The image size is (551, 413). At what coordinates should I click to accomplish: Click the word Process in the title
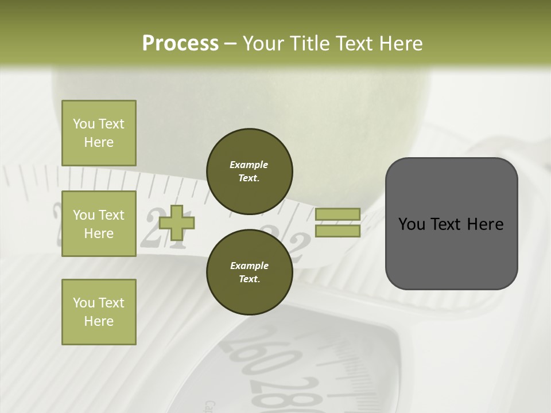point(180,44)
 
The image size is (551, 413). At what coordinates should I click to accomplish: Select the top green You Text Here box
point(99,133)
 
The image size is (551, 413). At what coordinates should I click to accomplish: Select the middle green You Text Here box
point(99,224)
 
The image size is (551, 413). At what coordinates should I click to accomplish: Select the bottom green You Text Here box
point(99,312)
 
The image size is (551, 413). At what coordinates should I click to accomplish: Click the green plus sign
point(177,223)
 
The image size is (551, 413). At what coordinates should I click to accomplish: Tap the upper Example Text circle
point(250,172)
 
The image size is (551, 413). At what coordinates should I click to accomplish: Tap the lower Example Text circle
point(250,272)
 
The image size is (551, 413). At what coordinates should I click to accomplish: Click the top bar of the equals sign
point(337,214)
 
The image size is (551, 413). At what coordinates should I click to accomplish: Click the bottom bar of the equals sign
point(337,231)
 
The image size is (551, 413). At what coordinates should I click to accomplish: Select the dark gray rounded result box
point(451,224)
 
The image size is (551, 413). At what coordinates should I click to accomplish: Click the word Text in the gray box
point(451,224)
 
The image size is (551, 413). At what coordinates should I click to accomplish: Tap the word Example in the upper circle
point(249,165)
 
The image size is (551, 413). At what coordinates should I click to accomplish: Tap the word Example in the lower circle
point(249,266)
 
